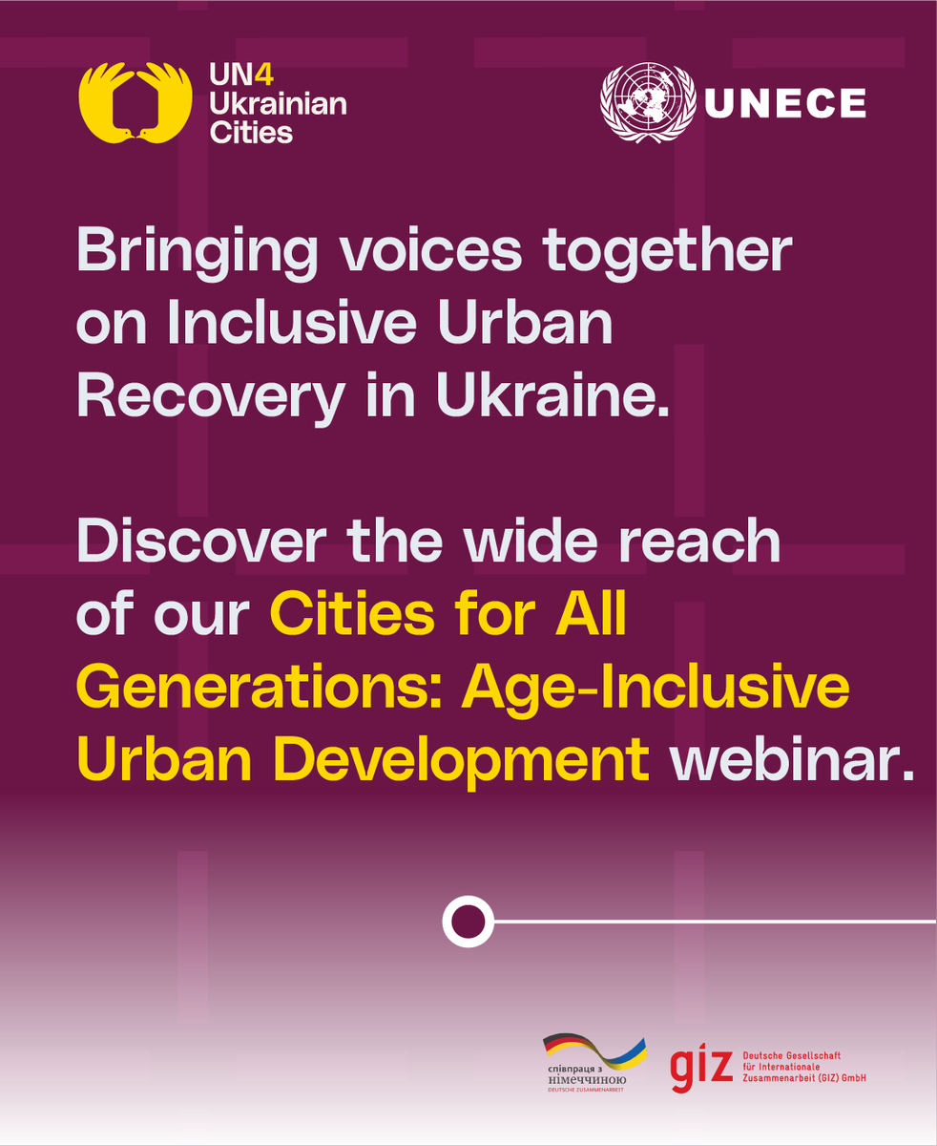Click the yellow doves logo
tap(135, 103)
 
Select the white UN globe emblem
tap(648, 103)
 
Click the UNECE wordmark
tap(784, 103)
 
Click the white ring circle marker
tap(468, 923)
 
